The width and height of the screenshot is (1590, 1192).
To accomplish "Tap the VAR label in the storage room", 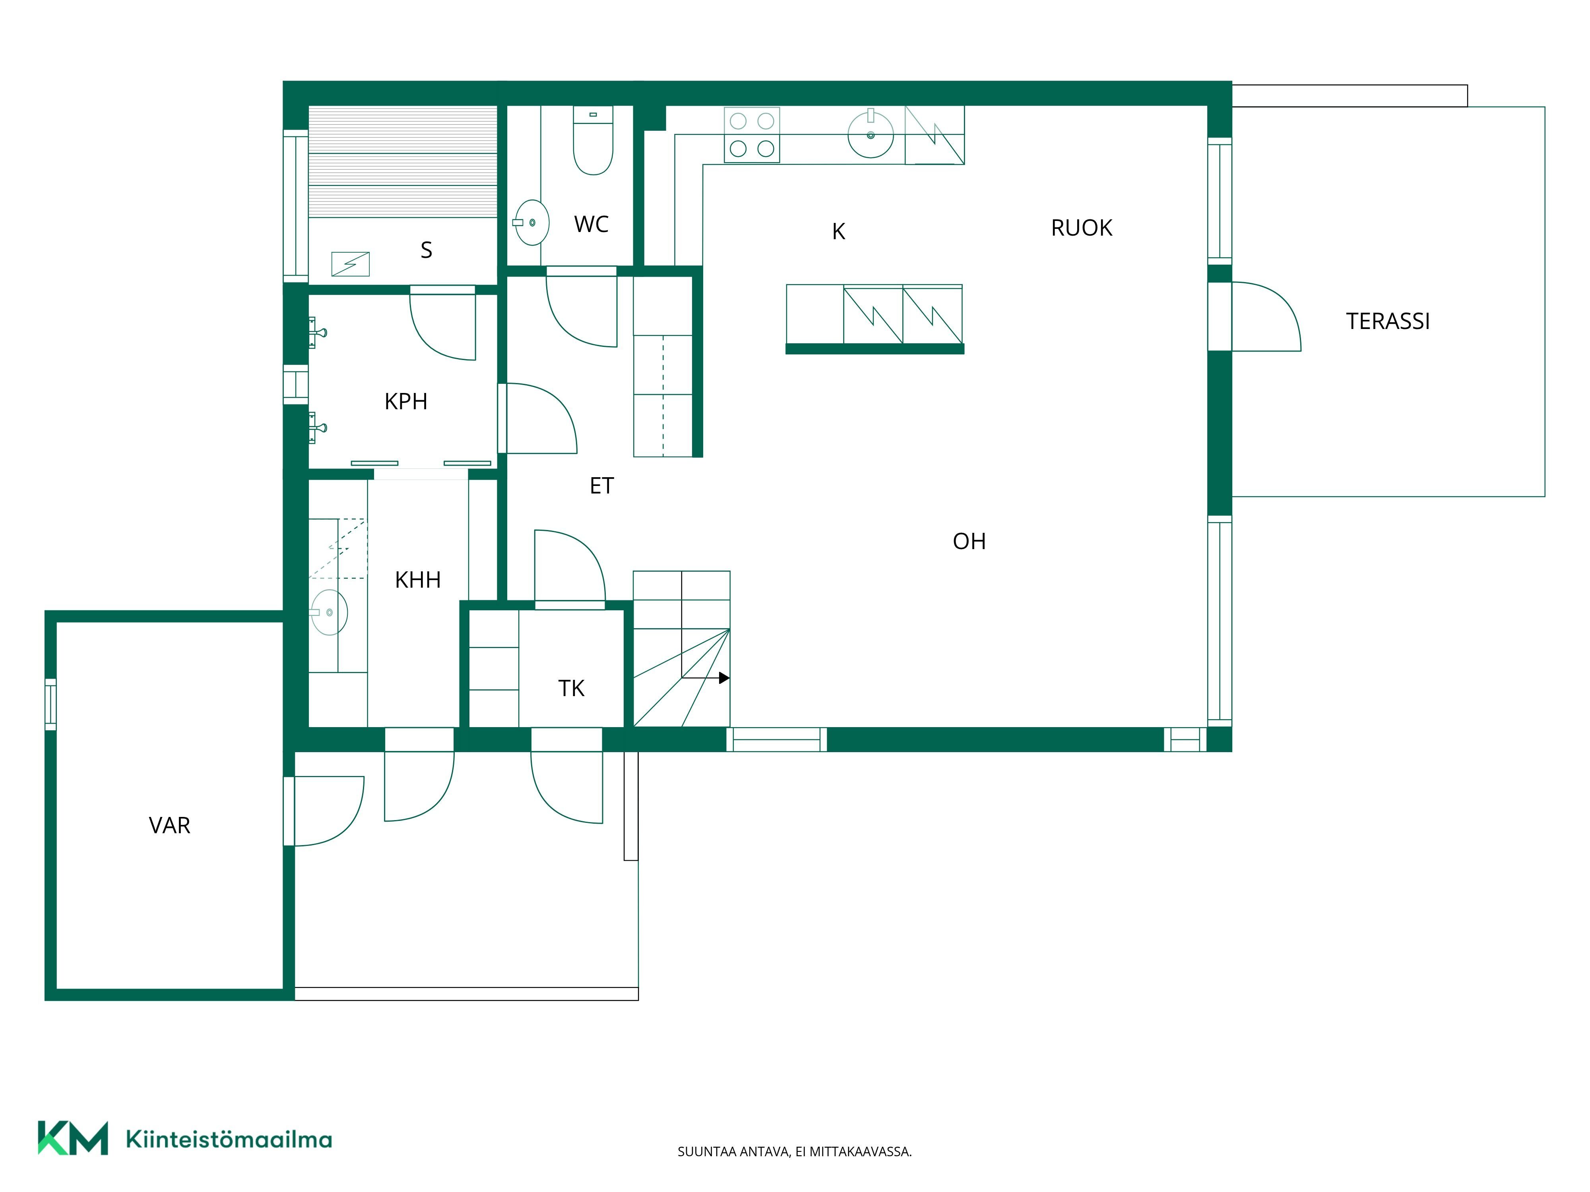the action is (170, 826).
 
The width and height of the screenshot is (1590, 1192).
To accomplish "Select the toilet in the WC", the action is (593, 141).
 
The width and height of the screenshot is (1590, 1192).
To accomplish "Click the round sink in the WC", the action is (532, 223).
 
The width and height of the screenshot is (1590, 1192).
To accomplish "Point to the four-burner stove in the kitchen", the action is (752, 135).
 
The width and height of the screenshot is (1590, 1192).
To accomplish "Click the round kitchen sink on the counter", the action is (871, 134).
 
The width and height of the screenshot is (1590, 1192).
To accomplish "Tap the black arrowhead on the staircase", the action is (725, 677).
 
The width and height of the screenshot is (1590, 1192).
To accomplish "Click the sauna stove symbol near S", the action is (350, 264).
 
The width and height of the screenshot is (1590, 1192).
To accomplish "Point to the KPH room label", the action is (406, 402).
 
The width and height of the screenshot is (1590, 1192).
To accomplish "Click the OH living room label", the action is (969, 542).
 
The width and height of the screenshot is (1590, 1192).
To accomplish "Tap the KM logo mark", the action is (73, 1138).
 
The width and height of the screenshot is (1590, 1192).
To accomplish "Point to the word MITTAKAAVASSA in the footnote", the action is (861, 1152).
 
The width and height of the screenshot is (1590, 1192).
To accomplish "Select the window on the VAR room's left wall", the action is (50, 704).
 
